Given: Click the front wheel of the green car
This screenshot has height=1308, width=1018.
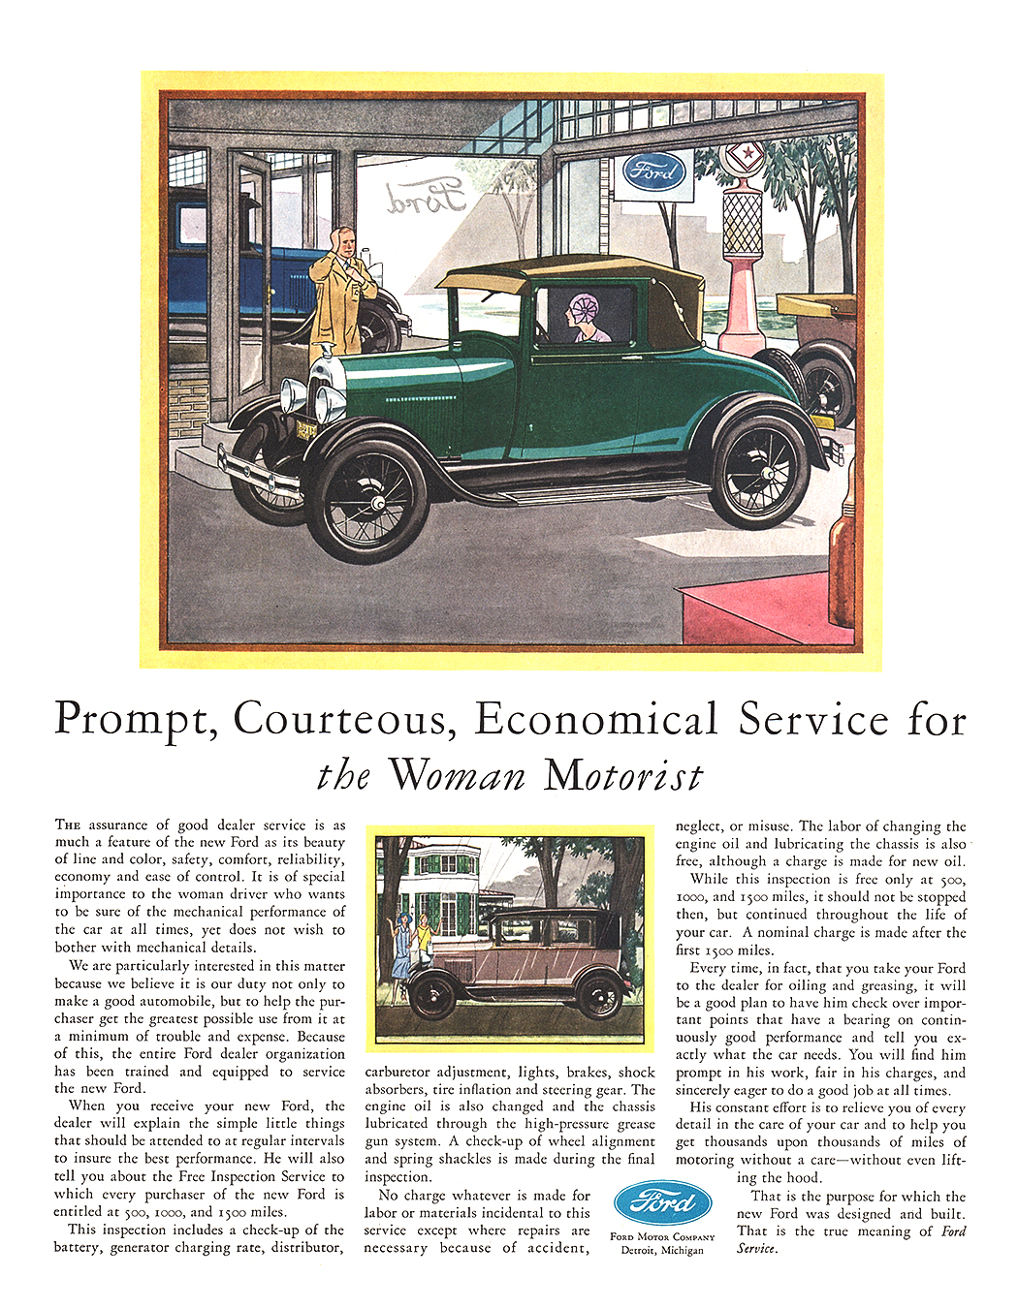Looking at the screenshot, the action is (x=367, y=500).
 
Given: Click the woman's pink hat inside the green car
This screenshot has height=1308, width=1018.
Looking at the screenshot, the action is (x=586, y=310).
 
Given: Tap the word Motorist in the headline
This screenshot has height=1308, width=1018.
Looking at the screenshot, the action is (x=623, y=776).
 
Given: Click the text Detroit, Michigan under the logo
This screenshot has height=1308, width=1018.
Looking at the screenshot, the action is (x=662, y=1250).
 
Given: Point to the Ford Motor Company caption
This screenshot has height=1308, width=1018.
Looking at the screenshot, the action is (x=662, y=1236).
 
